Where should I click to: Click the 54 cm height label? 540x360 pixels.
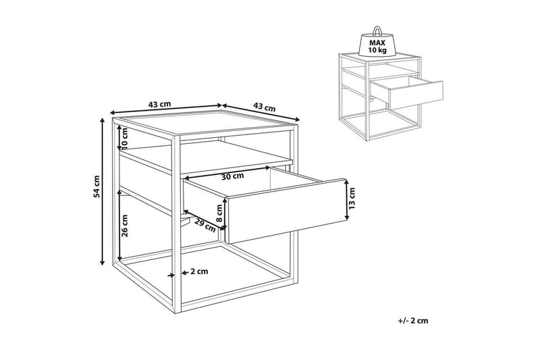[x=97, y=186]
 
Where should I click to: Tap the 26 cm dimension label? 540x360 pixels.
[x=125, y=226]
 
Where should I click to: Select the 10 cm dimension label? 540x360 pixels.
[x=124, y=137]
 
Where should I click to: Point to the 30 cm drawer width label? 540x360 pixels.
[x=232, y=176]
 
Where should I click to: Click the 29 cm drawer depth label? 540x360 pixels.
[x=205, y=225]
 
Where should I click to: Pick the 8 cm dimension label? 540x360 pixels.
[x=219, y=213]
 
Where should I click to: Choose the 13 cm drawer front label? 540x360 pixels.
[x=352, y=199]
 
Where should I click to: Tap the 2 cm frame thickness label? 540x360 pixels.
[x=199, y=272]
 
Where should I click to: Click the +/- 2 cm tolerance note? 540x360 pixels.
[x=413, y=321]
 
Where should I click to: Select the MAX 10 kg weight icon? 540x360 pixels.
[x=377, y=41]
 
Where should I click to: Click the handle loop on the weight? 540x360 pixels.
[x=377, y=30]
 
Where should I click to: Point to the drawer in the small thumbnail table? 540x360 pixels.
[x=407, y=90]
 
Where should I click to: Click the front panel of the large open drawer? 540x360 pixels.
[x=286, y=211]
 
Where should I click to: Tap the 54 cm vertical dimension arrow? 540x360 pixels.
[x=102, y=192]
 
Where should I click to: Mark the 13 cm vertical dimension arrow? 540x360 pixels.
[x=347, y=200]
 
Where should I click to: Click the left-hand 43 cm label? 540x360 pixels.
[x=159, y=104]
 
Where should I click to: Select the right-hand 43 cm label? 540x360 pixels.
[x=265, y=107]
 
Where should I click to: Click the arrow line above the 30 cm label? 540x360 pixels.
[x=227, y=172]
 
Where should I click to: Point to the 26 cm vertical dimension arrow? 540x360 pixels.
[x=119, y=224]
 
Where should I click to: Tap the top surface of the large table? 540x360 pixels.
[x=207, y=124]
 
